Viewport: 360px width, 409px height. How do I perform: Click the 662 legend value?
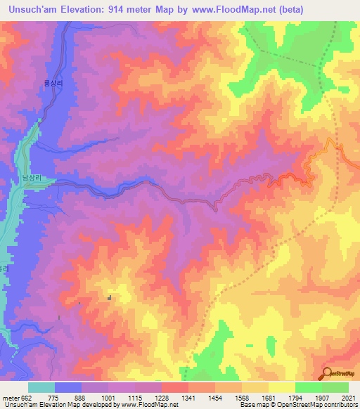click(26, 397)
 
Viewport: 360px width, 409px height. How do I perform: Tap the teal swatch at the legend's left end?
click(41, 387)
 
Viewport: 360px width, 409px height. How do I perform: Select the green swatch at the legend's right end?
click(335, 387)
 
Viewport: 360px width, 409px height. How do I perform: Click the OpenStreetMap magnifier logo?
click(327, 374)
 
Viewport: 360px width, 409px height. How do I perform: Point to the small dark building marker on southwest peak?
click(109, 299)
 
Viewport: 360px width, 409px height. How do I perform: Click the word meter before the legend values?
click(11, 397)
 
